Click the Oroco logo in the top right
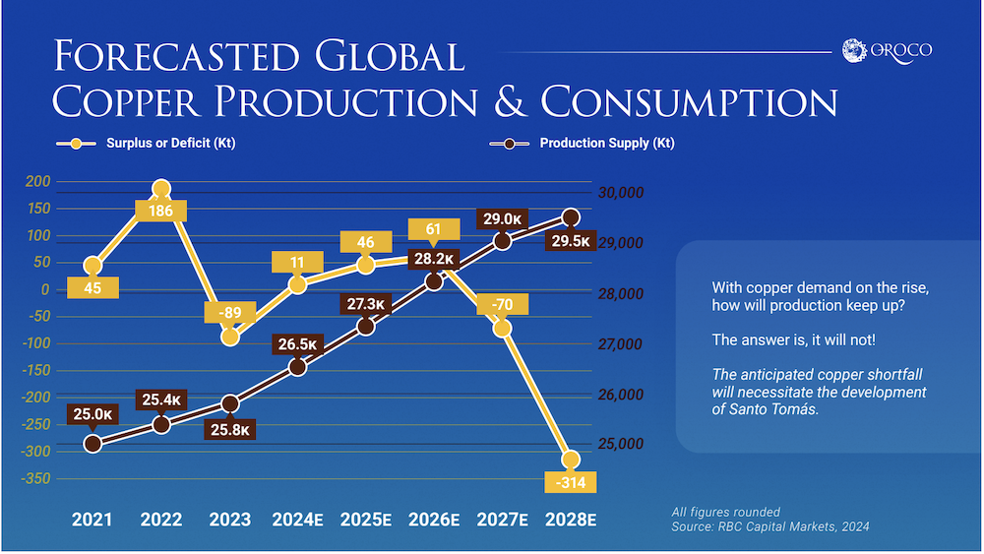click(888, 50)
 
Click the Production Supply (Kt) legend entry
click(581, 144)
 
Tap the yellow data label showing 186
click(161, 211)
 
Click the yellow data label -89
click(229, 314)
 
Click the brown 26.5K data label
click(298, 344)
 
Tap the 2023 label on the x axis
click(229, 520)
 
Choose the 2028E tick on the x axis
click(571, 520)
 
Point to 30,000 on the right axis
click(622, 193)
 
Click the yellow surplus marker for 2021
click(93, 266)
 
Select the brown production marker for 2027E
click(503, 241)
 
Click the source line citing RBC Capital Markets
click(770, 528)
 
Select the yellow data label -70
click(502, 305)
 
